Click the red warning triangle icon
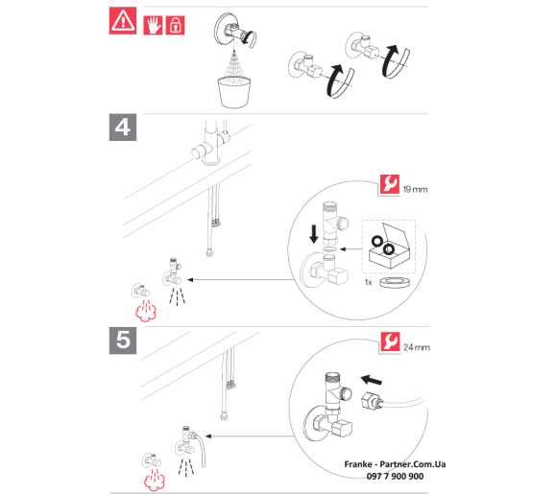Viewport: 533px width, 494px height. tap(123, 21)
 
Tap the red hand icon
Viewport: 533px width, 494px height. tap(153, 25)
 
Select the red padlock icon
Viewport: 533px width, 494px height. tap(175, 25)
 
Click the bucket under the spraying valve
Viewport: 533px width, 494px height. tap(234, 92)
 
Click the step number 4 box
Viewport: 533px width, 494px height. tap(123, 128)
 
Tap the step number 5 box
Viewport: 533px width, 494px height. tap(123, 341)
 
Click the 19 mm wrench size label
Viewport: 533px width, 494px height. tap(415, 190)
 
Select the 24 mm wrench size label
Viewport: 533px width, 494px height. tap(417, 347)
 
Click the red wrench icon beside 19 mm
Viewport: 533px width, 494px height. tap(390, 184)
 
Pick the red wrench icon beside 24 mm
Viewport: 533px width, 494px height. tap(390, 341)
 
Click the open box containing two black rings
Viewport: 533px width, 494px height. tap(389, 247)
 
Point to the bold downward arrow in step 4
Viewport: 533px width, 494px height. tap(314, 234)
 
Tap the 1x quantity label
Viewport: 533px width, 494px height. tap(369, 282)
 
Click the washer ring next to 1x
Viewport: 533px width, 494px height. tap(394, 282)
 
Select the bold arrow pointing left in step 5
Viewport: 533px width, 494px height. tap(372, 380)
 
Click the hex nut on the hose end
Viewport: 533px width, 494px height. tap(368, 400)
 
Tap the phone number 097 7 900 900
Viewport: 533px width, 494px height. tap(395, 477)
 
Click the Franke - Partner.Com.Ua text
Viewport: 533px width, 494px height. tap(395, 464)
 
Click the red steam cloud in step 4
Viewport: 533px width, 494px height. tap(146, 313)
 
